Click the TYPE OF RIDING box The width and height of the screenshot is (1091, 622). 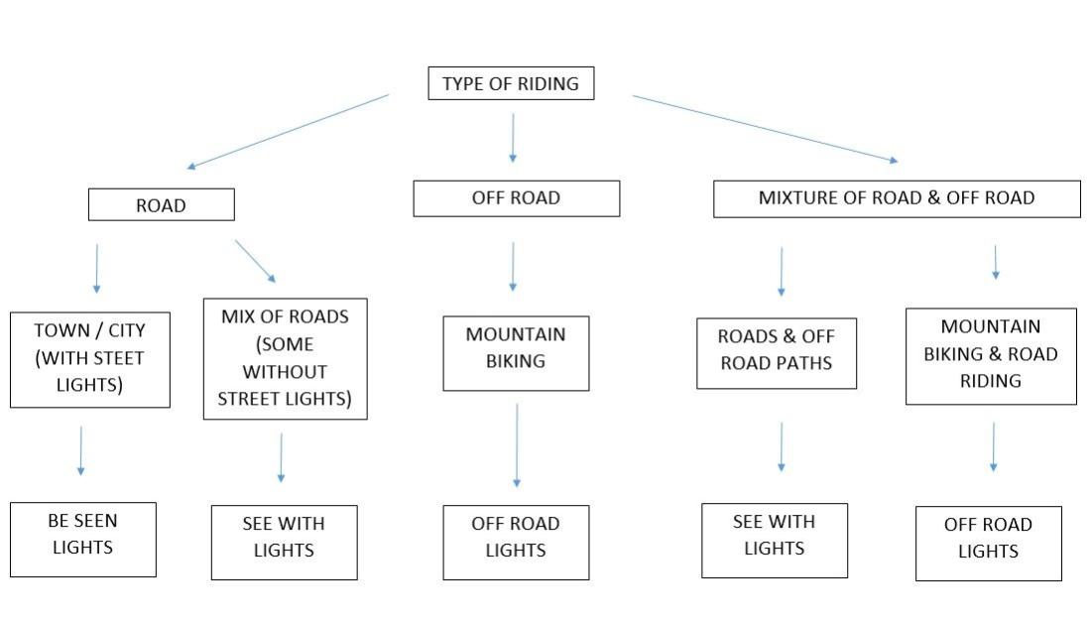[511, 84]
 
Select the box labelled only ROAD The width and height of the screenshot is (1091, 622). [161, 205]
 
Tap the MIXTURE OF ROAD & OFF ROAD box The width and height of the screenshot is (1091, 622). [897, 198]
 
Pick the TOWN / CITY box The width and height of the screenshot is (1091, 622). [90, 359]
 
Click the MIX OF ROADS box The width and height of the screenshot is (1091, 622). [285, 358]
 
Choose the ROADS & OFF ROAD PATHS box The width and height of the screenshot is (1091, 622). [776, 352]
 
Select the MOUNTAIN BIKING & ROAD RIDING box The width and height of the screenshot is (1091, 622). [991, 355]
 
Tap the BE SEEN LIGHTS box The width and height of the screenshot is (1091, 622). [83, 539]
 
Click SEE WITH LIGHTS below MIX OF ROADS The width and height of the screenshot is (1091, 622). [284, 542]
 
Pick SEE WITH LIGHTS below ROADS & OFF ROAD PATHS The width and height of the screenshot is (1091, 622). [775, 540]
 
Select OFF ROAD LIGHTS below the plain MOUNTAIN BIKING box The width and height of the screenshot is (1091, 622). [516, 542]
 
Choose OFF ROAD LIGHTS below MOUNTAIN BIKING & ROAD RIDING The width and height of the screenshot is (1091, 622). [988, 543]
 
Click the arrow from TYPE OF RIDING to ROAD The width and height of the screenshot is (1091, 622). [288, 131]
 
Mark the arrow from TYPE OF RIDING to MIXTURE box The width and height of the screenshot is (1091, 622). [765, 128]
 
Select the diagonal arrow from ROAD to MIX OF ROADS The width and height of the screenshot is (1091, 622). [255, 261]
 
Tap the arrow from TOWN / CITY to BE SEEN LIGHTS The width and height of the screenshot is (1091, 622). [80, 450]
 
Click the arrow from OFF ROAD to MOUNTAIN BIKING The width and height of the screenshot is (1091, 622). [513, 266]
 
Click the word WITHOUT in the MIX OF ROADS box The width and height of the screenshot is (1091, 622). [285, 372]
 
